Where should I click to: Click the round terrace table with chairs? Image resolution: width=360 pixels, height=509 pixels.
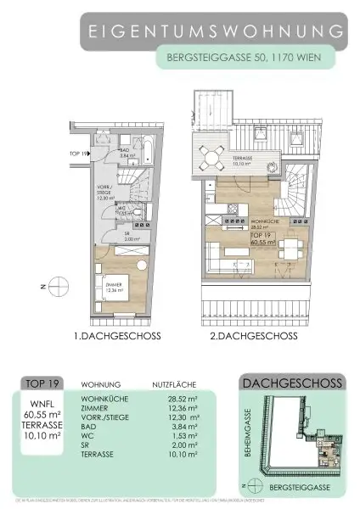[x=209, y=156]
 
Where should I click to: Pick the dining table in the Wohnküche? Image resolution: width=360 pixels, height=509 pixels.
[x=290, y=251]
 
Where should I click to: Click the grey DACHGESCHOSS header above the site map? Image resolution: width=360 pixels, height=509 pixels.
[x=292, y=383]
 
